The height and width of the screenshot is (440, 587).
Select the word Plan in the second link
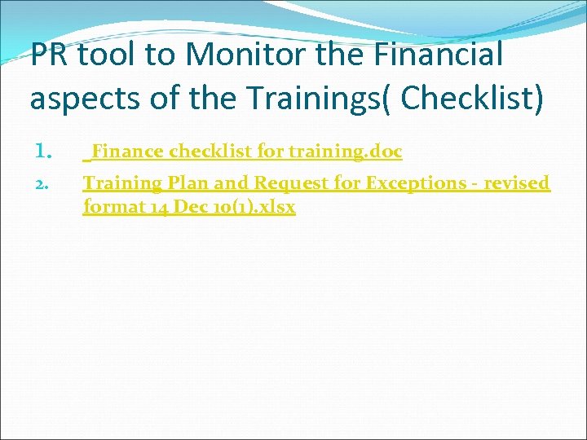point(188,183)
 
